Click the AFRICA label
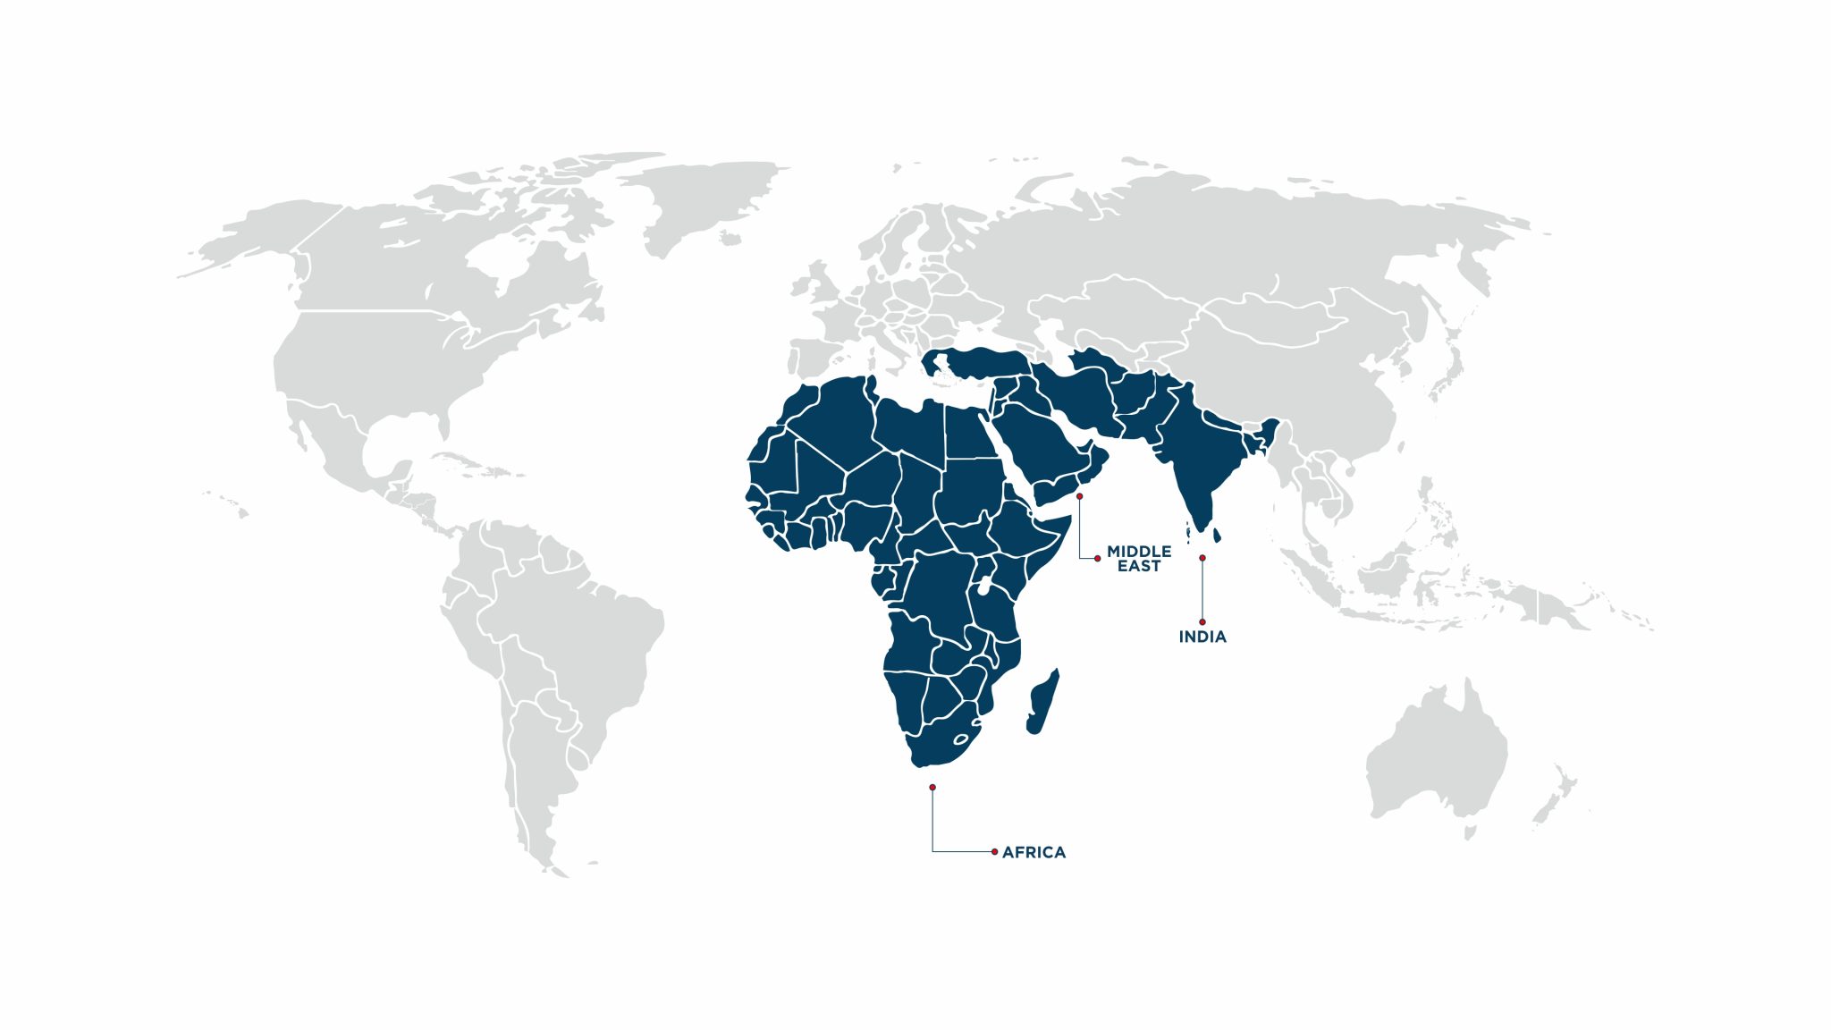click(1034, 853)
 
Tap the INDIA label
click(1202, 637)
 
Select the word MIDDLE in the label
click(1139, 552)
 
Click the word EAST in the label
click(1139, 567)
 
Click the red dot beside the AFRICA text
click(994, 852)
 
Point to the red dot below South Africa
click(932, 788)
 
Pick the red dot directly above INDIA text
click(1202, 622)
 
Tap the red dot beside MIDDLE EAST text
click(1098, 559)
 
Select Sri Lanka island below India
click(1216, 536)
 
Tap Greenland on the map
click(706, 197)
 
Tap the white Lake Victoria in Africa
click(983, 587)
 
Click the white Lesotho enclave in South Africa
click(961, 739)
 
